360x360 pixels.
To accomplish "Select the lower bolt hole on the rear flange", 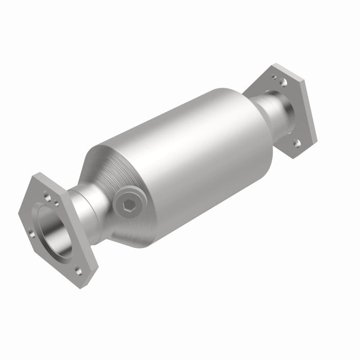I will (x=297, y=142).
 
